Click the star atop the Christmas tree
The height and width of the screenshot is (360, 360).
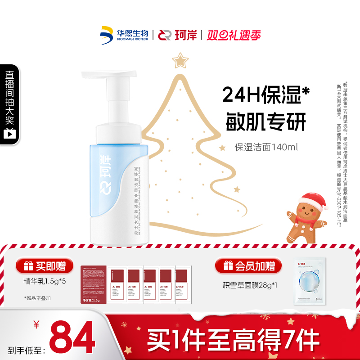click(181, 59)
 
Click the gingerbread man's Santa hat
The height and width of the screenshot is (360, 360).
click(311, 198)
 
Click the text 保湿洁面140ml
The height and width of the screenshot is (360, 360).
click(266, 147)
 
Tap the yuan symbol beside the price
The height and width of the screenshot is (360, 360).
click(37, 325)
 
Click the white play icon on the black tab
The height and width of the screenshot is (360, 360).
click(9, 134)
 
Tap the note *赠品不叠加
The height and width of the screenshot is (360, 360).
click(38, 297)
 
